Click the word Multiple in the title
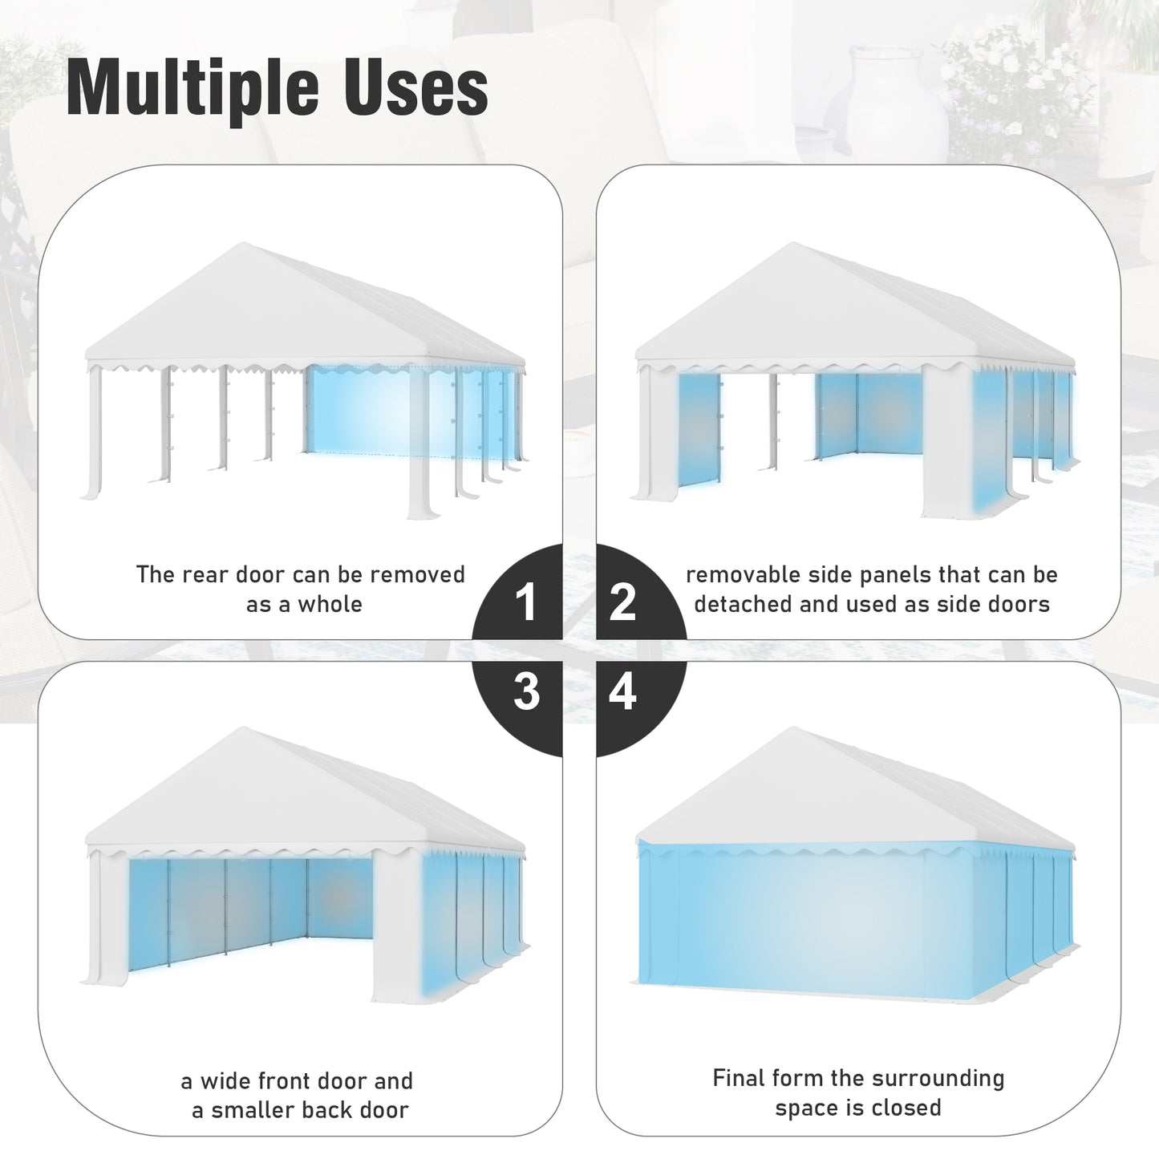[192, 88]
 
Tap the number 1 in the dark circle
[526, 602]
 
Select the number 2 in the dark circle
[622, 602]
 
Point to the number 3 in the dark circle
[526, 691]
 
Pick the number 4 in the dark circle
[622, 691]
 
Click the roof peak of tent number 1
[244, 244]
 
